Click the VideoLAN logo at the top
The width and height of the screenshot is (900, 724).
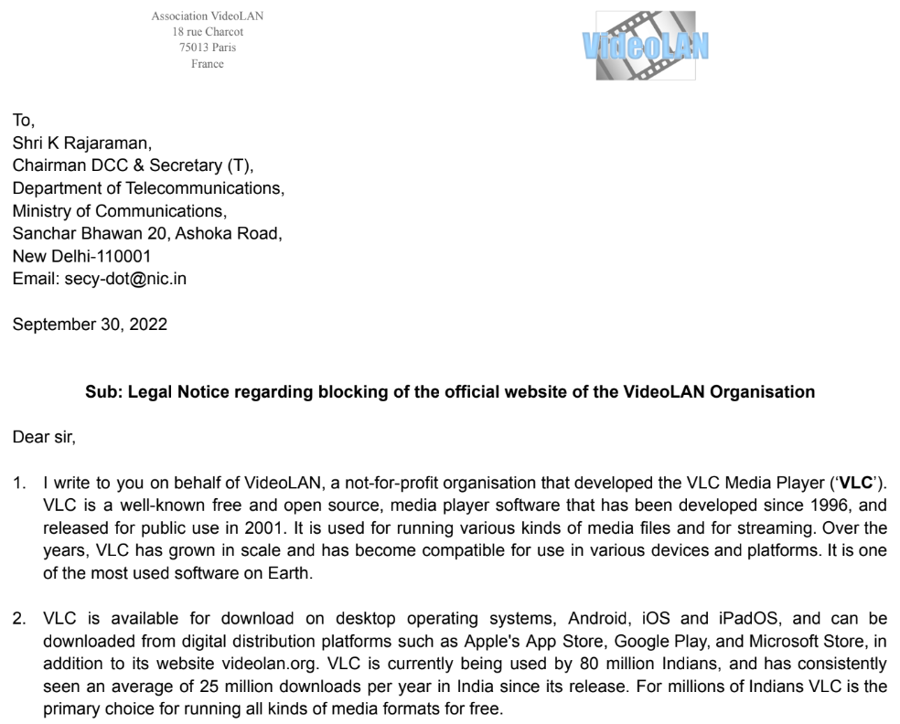[645, 44]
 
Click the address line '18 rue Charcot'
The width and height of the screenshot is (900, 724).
[208, 32]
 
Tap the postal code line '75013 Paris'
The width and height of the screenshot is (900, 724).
[208, 48]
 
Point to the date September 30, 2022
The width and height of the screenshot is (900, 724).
[90, 325]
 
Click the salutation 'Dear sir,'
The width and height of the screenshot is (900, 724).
[45, 437]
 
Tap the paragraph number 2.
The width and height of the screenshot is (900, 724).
[19, 619]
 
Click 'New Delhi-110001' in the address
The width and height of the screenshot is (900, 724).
[81, 256]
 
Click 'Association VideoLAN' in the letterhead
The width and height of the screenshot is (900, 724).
[208, 16]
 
